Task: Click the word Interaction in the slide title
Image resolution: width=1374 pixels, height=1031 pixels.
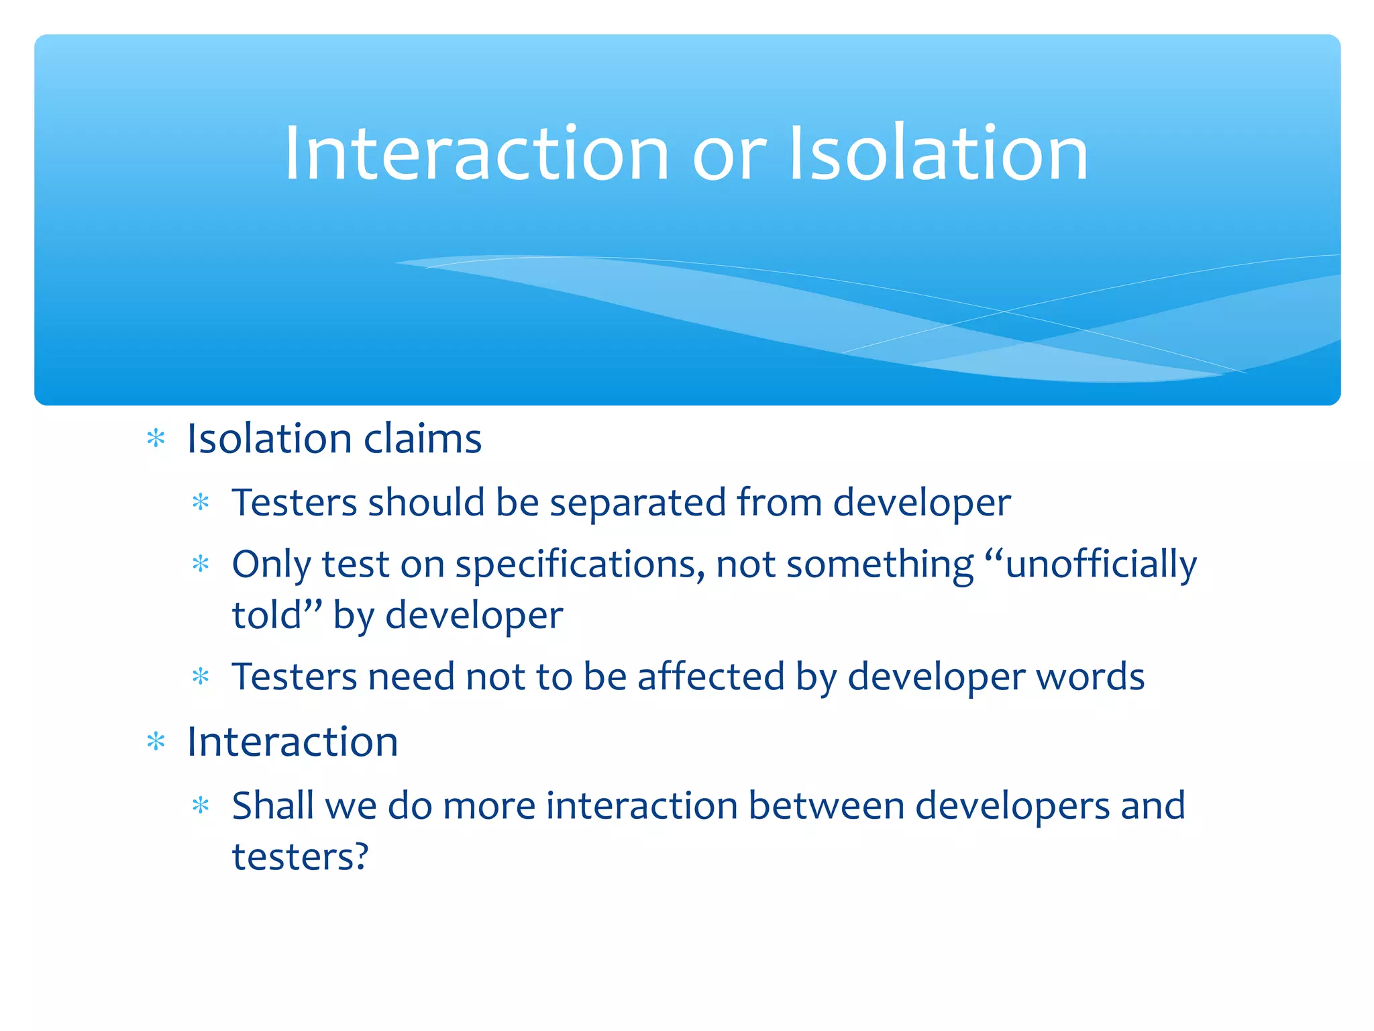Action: coord(476,154)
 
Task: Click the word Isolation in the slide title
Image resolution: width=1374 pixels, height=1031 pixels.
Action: coord(938,154)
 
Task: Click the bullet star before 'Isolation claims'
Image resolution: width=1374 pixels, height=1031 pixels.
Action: coord(156,439)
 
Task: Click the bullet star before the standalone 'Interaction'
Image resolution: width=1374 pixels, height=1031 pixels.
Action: coord(156,742)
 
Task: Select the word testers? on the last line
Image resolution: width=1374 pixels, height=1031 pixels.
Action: coord(300,857)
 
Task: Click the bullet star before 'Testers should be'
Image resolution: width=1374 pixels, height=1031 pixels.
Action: coord(201,503)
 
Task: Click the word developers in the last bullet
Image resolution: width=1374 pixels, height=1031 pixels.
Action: coord(1012,807)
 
